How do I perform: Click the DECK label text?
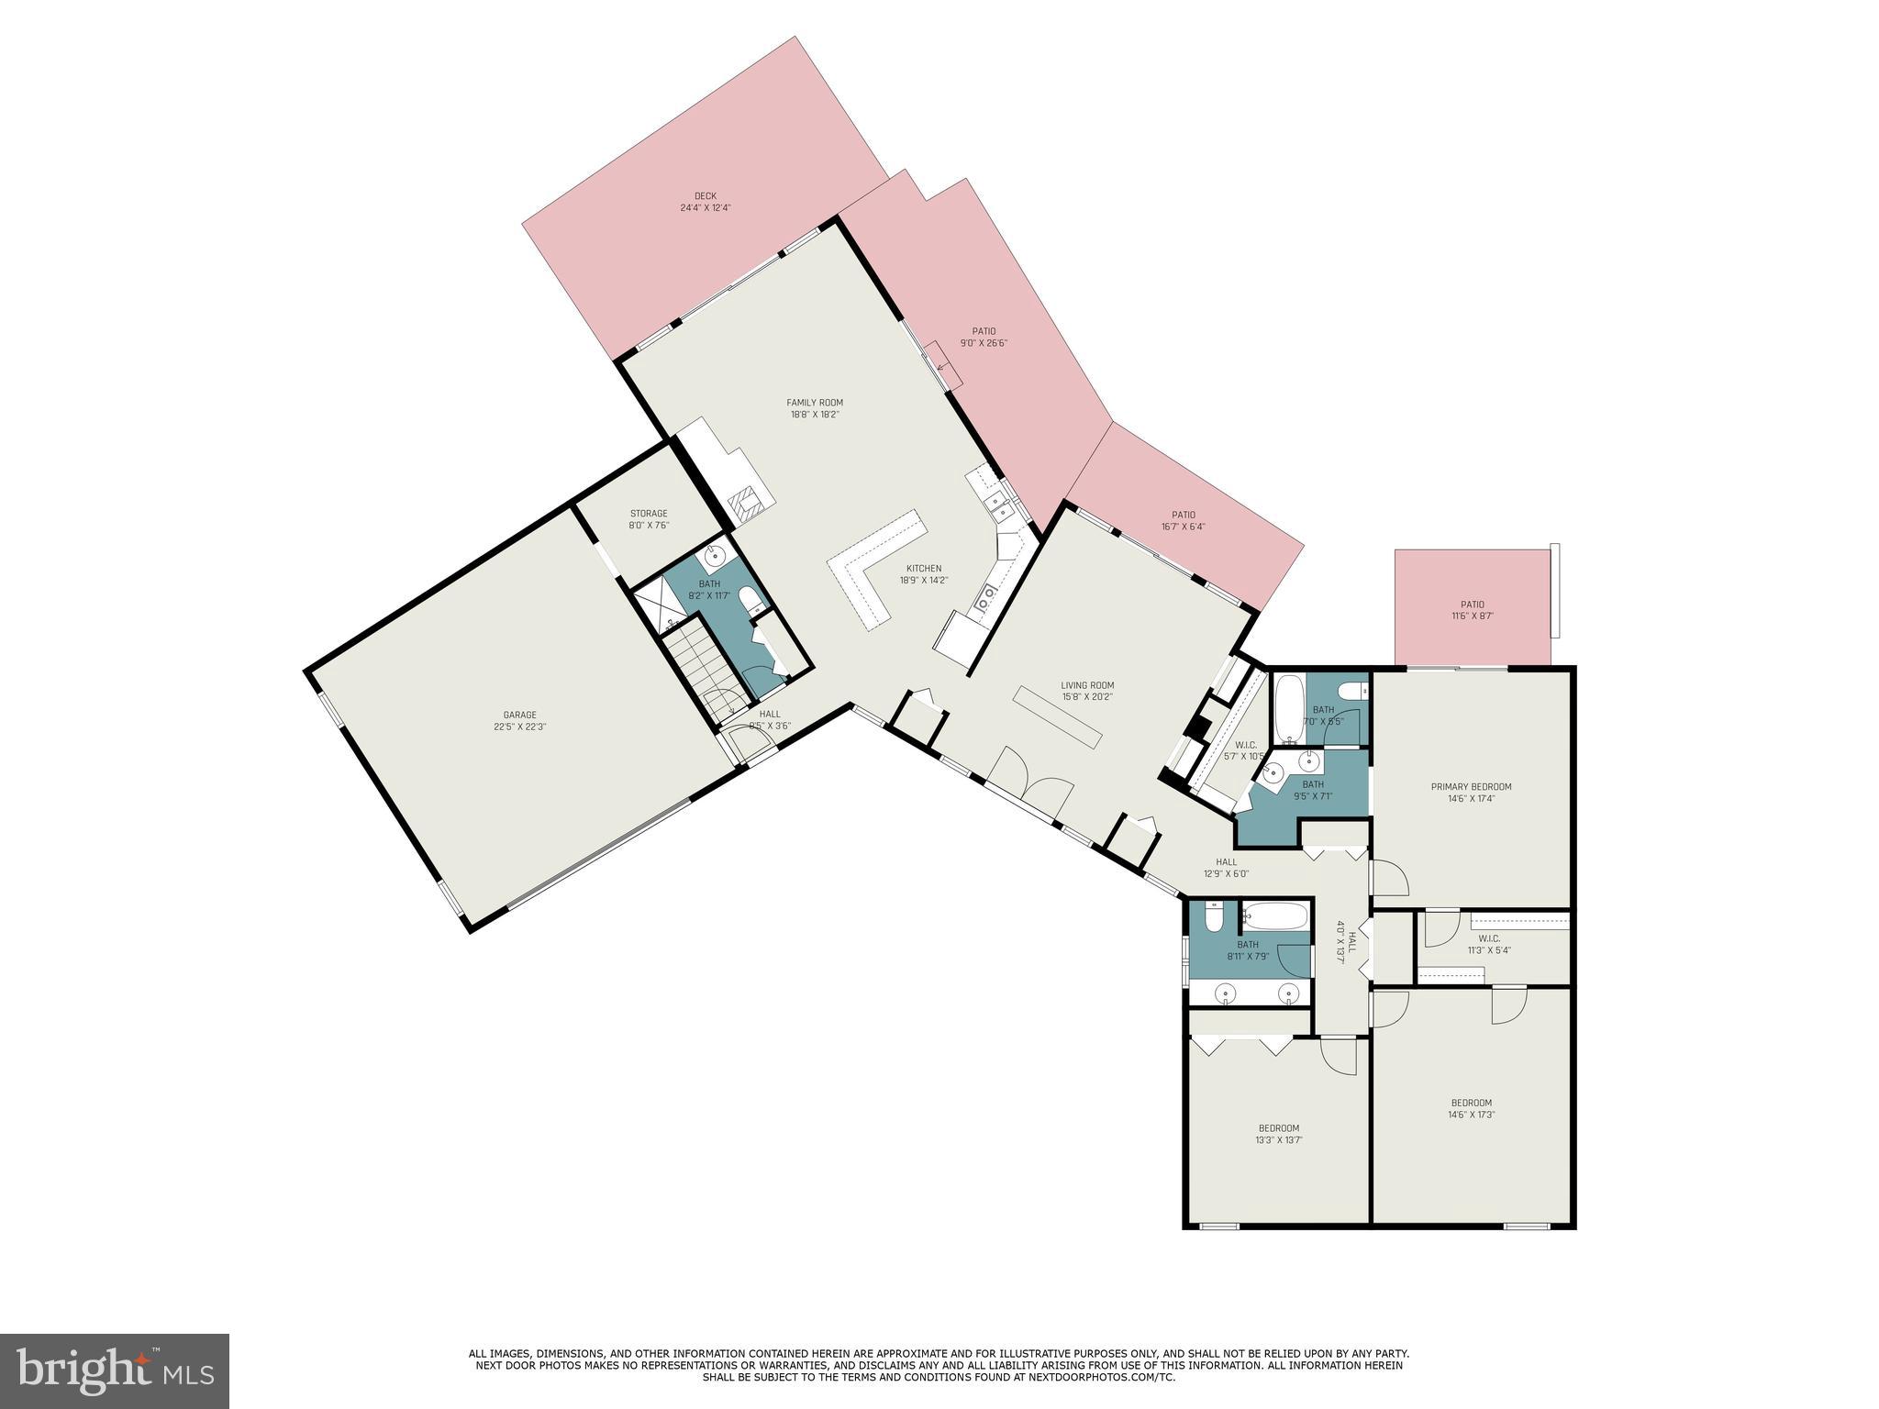705,195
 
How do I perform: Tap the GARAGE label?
519,715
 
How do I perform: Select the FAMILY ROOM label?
815,402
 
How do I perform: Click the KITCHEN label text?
924,568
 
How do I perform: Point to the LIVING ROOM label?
1087,684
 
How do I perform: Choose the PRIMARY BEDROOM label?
1471,786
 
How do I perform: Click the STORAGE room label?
648,513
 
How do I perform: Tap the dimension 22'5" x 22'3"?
519,727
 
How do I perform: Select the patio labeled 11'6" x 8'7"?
1472,610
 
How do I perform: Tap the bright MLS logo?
115,1370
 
